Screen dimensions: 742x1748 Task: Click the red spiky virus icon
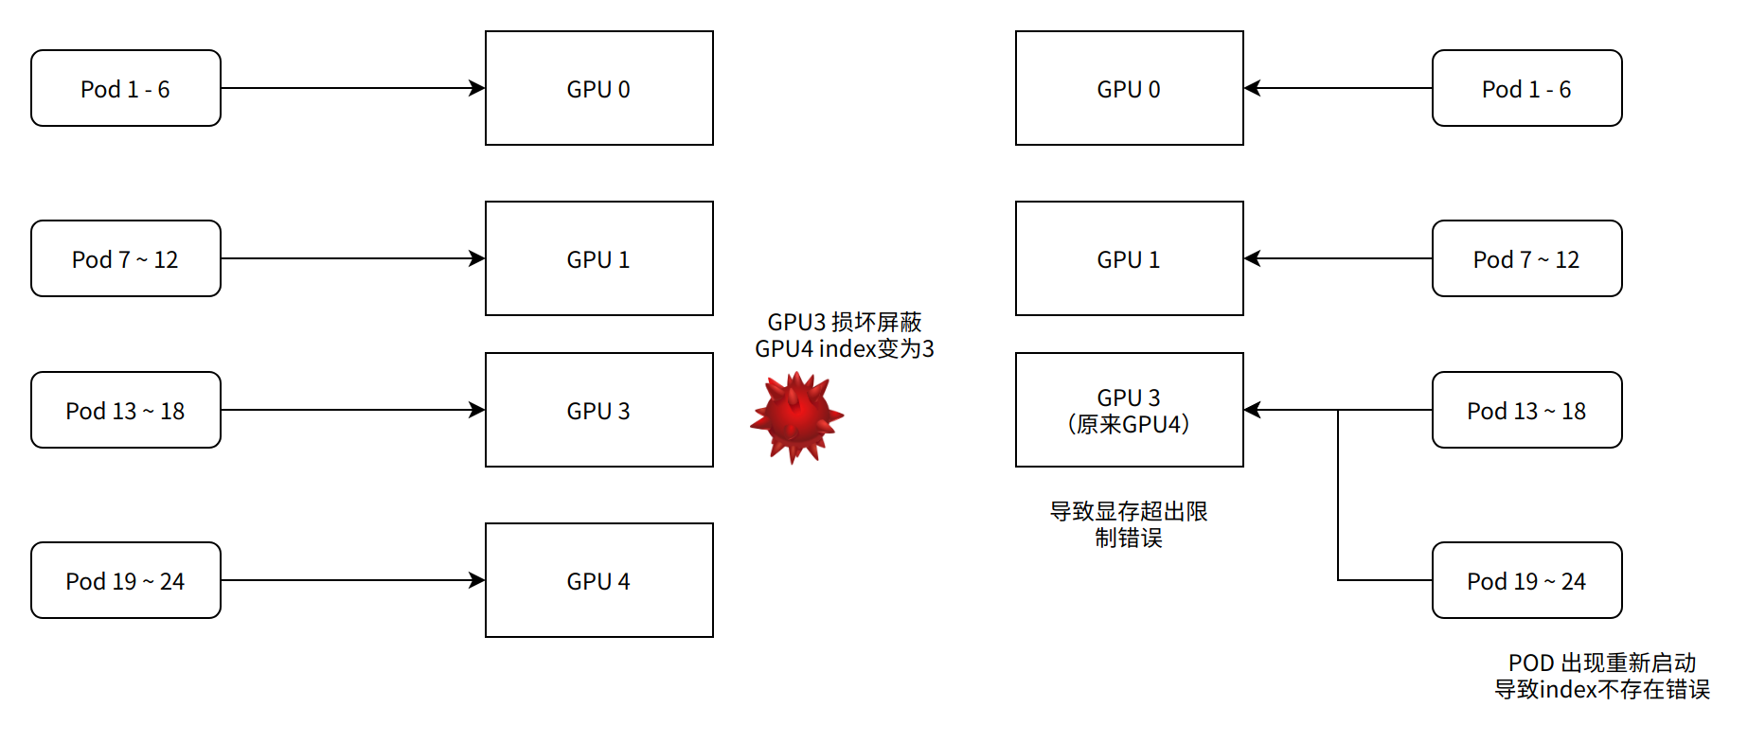(x=796, y=416)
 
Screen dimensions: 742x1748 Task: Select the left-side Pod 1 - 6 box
(x=126, y=88)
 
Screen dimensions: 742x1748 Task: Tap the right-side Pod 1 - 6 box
(x=1526, y=88)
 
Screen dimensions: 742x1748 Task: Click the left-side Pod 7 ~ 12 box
(x=126, y=258)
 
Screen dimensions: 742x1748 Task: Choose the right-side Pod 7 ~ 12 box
(x=1526, y=258)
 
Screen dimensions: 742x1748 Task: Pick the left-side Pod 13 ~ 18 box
(x=126, y=410)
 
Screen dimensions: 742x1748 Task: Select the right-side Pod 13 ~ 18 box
(x=1526, y=410)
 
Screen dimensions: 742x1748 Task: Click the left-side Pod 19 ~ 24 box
(x=126, y=580)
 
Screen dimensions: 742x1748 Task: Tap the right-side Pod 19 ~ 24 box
(x=1526, y=580)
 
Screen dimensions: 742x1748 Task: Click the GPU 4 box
(x=598, y=580)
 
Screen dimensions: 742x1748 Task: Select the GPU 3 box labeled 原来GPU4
(x=1129, y=410)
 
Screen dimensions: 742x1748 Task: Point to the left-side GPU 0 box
(x=598, y=88)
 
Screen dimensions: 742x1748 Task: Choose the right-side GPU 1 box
(x=1129, y=258)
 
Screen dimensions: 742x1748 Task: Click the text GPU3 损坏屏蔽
(x=844, y=322)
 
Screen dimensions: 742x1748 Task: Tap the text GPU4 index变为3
(x=844, y=348)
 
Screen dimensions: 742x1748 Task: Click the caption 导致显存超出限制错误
(x=1129, y=524)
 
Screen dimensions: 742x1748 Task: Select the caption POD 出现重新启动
(x=1601, y=662)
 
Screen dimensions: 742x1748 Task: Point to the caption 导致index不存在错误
(x=1601, y=689)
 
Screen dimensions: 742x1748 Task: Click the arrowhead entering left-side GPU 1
(x=477, y=258)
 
